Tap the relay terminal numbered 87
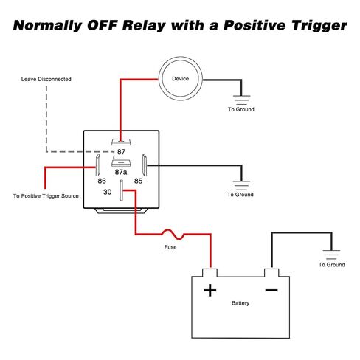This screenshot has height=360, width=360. coord(121,142)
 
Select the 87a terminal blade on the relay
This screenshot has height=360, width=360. coord(121,163)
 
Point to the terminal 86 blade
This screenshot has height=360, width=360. coord(97,165)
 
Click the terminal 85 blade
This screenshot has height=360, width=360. coord(145,165)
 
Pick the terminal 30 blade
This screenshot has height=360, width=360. coord(121,190)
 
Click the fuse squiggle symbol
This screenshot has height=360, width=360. coord(173,234)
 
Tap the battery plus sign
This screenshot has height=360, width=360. coord(210,290)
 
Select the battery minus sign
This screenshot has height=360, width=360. coord(271,290)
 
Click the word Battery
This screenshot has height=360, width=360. coord(240,303)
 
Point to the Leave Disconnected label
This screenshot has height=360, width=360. coord(46,79)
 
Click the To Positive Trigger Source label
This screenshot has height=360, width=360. coord(46,196)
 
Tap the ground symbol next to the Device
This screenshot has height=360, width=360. coord(241,100)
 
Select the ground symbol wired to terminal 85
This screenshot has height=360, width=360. coord(241,185)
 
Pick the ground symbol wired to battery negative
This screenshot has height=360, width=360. coord(331,255)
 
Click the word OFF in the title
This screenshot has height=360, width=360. coord(101,26)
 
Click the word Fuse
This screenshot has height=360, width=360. coord(170,247)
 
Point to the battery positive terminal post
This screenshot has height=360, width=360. coord(210,273)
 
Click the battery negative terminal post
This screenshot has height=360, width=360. coord(271,273)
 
